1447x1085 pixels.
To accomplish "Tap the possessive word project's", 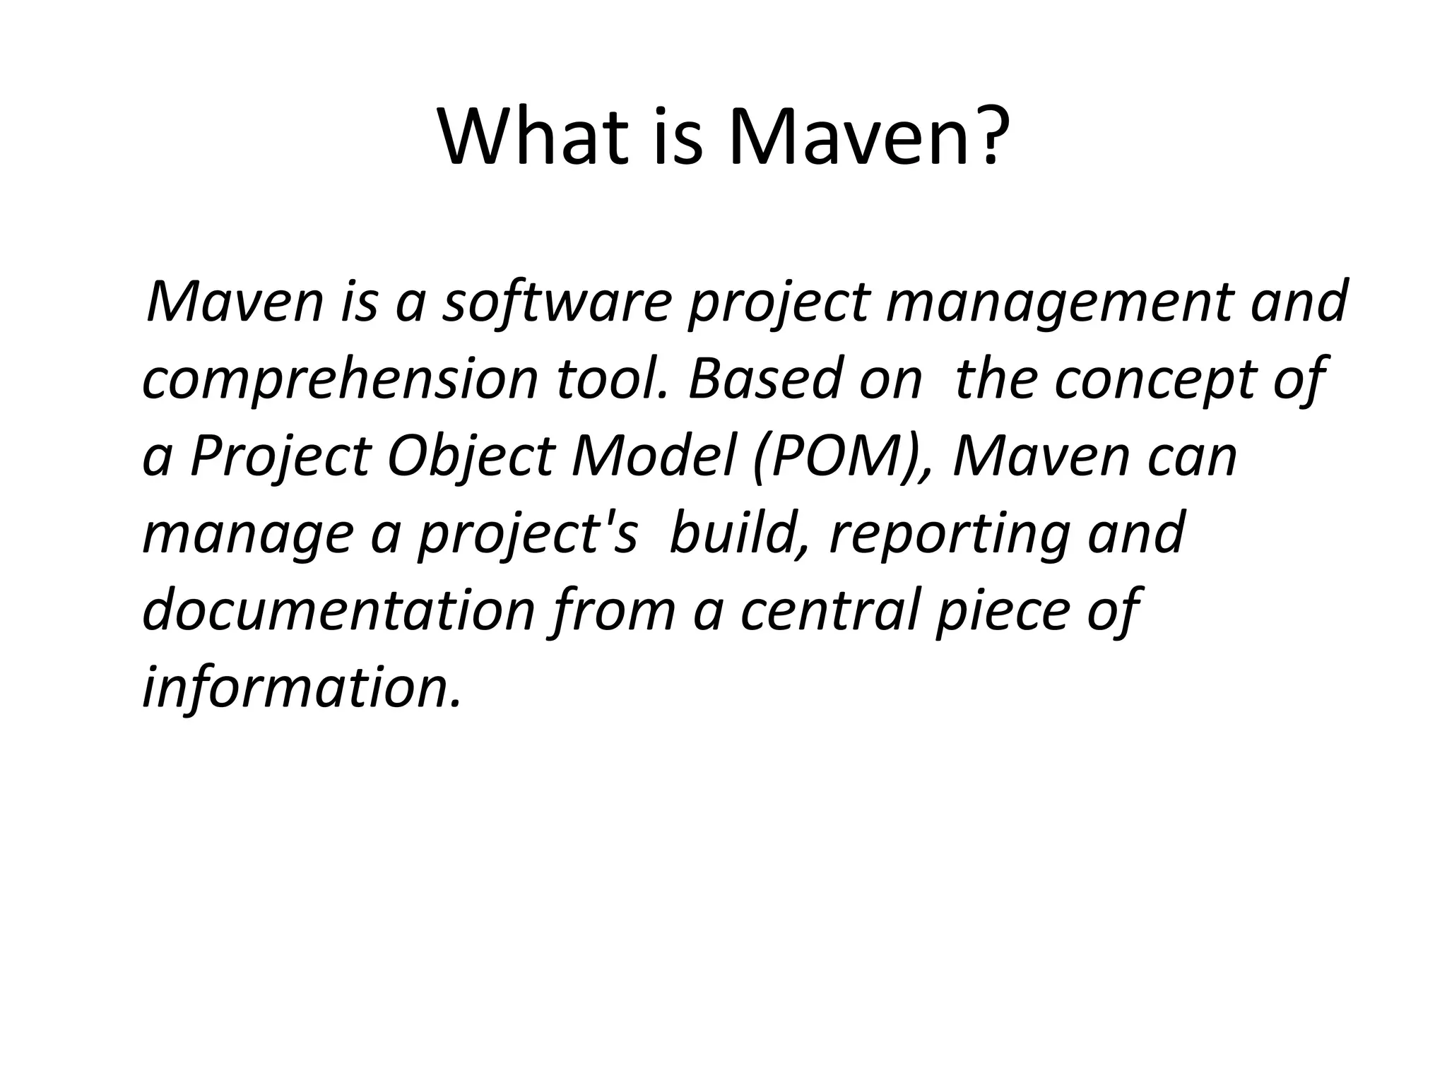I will pyautogui.click(x=527, y=535).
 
